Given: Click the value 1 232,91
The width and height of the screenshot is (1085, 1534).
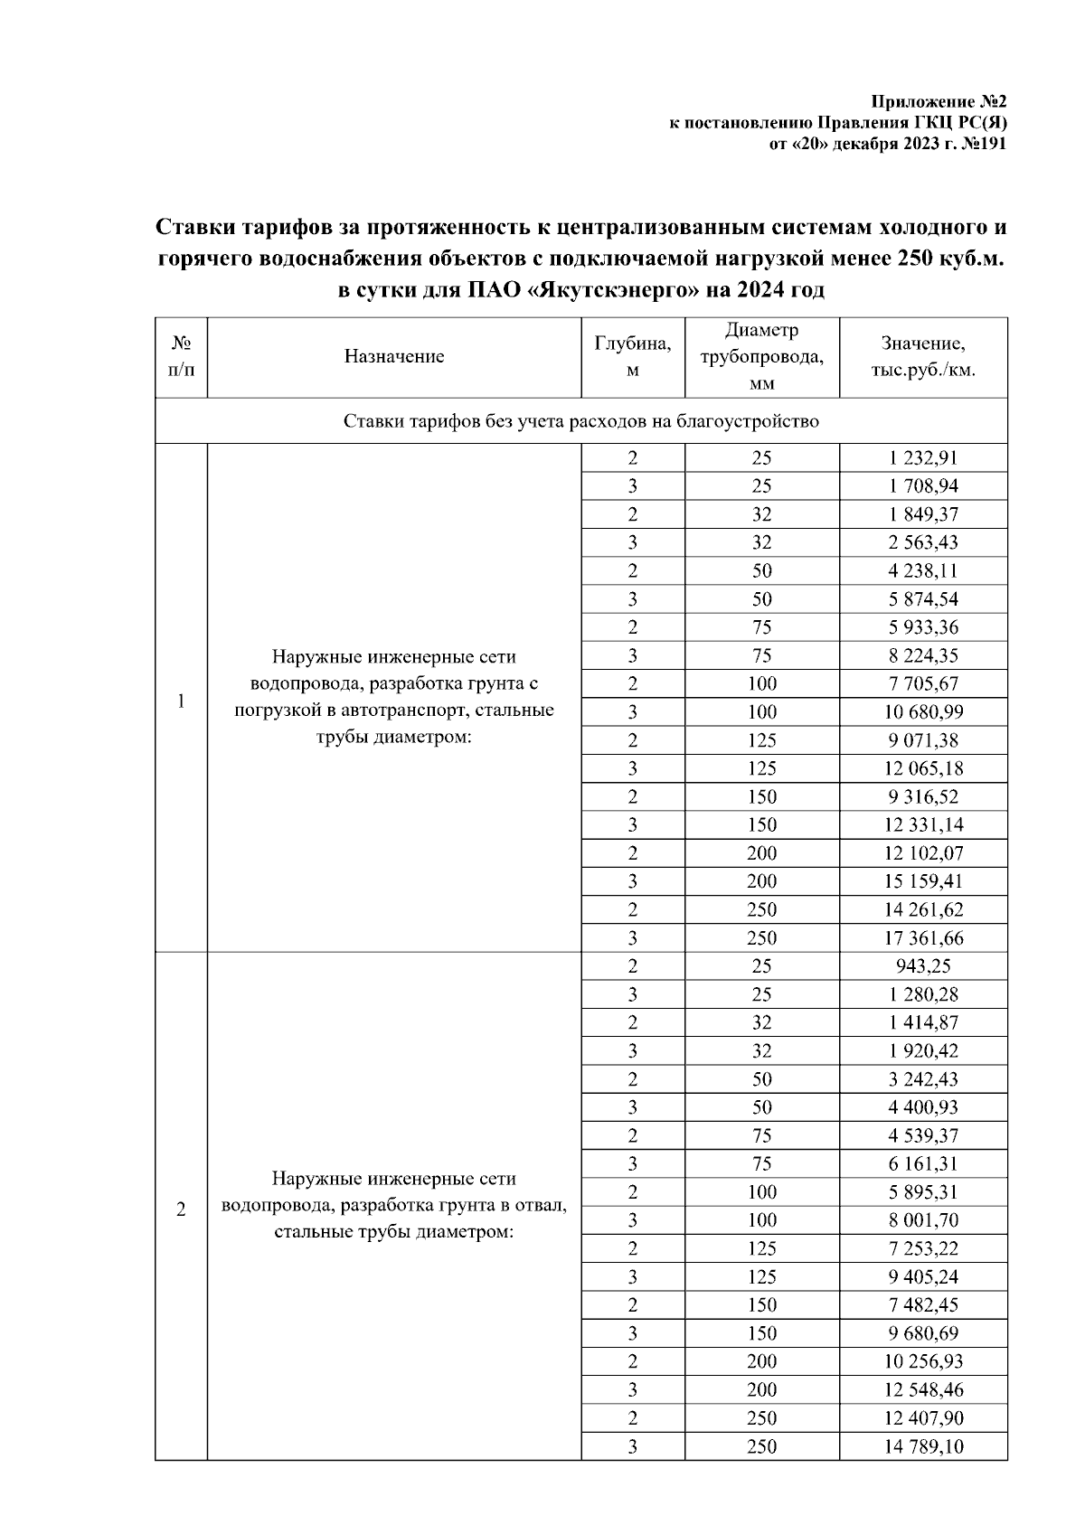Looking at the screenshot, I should click(x=923, y=457).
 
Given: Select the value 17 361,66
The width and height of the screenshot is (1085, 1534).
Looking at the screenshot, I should click(x=923, y=937).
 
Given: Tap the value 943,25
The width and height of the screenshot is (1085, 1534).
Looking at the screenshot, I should click(x=923, y=965).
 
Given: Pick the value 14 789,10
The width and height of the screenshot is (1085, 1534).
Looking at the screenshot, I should click(x=923, y=1445).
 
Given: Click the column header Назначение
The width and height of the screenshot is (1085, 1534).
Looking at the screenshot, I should click(x=394, y=356).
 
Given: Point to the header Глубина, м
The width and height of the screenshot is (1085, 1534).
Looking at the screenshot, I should click(x=633, y=356).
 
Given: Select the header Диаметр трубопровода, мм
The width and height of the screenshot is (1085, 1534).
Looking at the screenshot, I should click(x=762, y=356).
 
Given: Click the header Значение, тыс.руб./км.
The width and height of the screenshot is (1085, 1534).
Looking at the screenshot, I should click(x=923, y=356).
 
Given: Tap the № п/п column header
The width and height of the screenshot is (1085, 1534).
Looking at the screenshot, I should click(x=181, y=356).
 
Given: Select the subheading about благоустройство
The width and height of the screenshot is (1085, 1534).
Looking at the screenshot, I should click(x=581, y=421).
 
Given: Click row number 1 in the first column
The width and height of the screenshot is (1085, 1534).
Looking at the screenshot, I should click(x=181, y=701).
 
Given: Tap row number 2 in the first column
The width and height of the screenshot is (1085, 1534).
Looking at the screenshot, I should click(x=181, y=1209).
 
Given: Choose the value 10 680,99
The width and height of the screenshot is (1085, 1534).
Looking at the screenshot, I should click(x=923, y=711).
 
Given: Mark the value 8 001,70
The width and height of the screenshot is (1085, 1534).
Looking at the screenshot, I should click(x=923, y=1219).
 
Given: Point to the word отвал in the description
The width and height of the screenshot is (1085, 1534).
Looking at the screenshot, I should click(x=540, y=1205).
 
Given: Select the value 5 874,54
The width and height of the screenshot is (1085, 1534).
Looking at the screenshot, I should click(x=923, y=598).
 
